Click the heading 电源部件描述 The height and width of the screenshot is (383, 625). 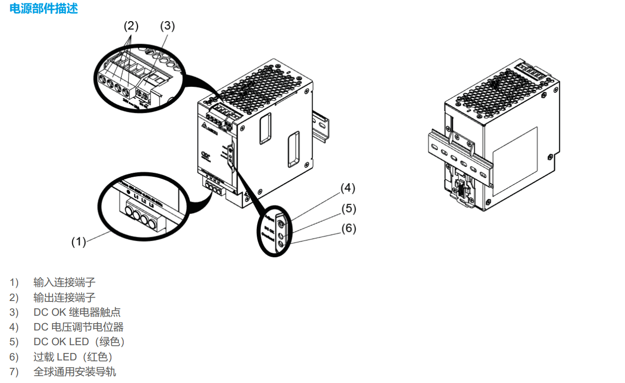[44, 9]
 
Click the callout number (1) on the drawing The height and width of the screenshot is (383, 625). [79, 241]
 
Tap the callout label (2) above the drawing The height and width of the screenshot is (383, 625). [131, 26]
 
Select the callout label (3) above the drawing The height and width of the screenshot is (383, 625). [167, 26]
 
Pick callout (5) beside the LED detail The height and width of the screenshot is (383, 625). [348, 208]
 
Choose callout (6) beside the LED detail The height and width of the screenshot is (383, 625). [348, 228]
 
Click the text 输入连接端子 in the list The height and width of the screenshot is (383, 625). [64, 282]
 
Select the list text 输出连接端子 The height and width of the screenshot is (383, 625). [64, 298]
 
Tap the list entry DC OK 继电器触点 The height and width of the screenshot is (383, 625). [77, 312]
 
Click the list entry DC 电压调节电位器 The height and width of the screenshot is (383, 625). [79, 327]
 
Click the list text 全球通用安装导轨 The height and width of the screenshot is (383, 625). [75, 372]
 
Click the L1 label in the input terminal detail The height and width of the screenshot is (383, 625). [136, 198]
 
